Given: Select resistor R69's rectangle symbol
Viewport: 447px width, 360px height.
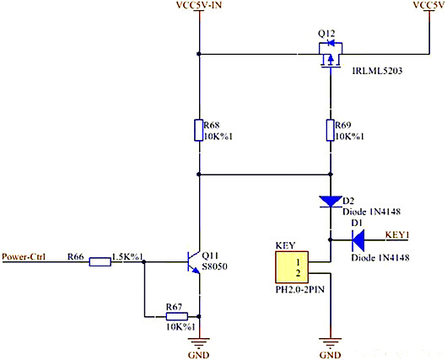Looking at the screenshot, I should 331,131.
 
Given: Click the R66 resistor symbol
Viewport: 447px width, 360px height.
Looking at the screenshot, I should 100,262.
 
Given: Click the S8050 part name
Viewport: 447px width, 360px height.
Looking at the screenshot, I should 218,267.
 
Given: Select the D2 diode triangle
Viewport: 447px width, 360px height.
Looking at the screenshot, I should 331,201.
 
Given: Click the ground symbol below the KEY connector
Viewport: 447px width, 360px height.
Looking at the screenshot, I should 331,343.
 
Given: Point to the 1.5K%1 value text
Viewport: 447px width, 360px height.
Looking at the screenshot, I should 129,256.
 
